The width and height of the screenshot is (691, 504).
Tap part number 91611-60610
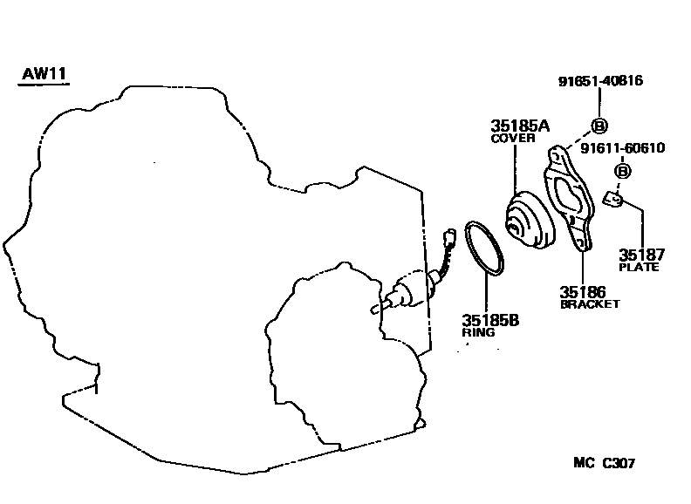pos(622,148)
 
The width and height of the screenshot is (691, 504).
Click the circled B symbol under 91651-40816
pos(599,124)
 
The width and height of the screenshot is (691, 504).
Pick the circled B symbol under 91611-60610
pos(622,171)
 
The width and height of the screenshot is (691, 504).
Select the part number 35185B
pos(490,320)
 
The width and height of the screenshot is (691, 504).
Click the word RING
pos(478,332)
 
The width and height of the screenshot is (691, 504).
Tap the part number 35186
pos(583,291)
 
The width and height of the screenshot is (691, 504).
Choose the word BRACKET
pos(590,303)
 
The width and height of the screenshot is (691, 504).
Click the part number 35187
pos(642,255)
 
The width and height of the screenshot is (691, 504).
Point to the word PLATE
pos(639,267)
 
